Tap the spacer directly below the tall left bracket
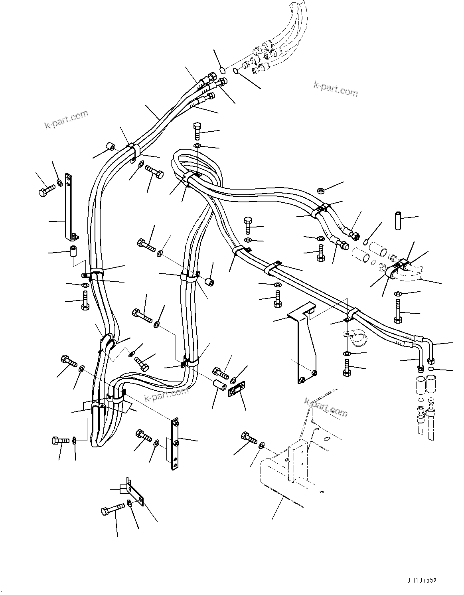click(73, 252)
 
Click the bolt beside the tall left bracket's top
click(46, 190)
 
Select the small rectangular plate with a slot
click(237, 389)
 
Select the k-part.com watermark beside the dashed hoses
click(336, 89)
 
